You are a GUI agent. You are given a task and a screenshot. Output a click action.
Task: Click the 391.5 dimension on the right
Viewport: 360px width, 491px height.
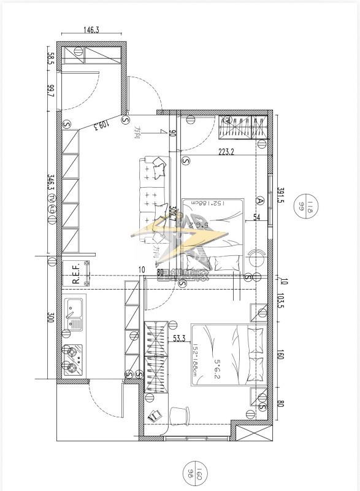click(x=281, y=195)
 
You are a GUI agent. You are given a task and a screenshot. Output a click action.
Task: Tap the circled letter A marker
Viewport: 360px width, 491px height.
click(x=261, y=201)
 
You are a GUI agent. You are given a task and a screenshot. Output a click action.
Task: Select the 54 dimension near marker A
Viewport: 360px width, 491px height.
click(x=257, y=217)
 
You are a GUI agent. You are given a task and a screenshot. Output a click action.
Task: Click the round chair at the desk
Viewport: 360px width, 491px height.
click(x=179, y=415)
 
